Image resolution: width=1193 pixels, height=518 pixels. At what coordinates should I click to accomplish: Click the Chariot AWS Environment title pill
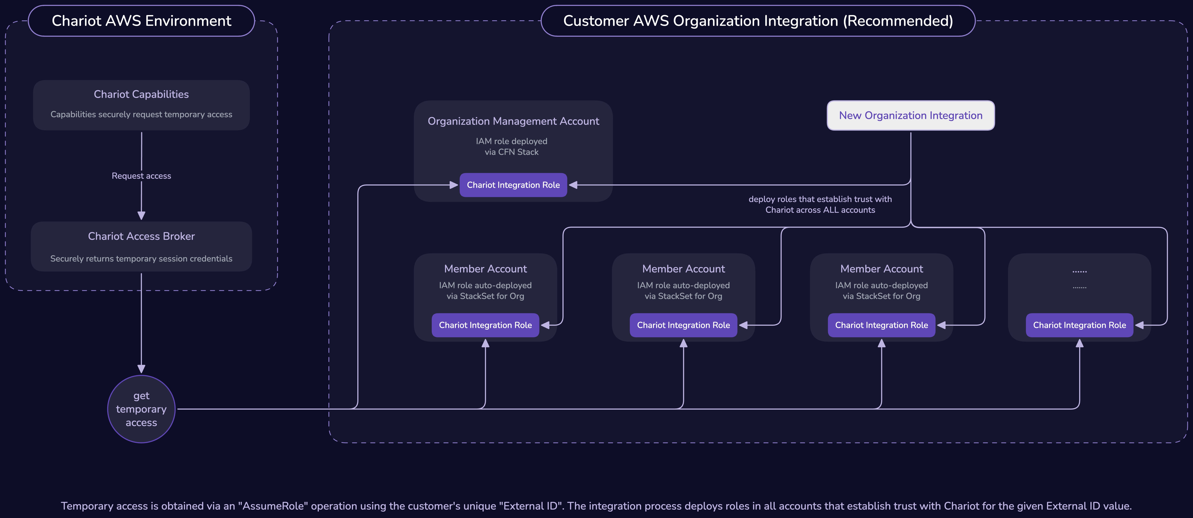point(141,21)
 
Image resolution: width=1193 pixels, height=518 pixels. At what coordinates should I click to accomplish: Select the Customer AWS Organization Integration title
point(758,21)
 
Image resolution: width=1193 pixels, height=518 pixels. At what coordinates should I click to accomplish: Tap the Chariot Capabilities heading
point(141,94)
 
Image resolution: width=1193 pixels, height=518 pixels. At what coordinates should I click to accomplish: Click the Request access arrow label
point(141,176)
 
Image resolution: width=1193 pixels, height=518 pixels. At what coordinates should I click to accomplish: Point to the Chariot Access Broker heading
point(141,236)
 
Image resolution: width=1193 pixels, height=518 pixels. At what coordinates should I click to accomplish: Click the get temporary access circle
point(141,409)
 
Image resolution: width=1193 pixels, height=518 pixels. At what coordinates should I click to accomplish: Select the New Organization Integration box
point(910,115)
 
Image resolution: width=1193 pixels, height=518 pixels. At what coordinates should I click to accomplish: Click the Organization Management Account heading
point(513,121)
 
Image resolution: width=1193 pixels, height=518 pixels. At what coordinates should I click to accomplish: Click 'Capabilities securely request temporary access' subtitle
point(141,114)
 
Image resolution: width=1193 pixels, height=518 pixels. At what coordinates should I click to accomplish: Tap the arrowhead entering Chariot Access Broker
point(141,216)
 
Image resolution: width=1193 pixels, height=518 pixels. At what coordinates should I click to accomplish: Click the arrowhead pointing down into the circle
point(141,369)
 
